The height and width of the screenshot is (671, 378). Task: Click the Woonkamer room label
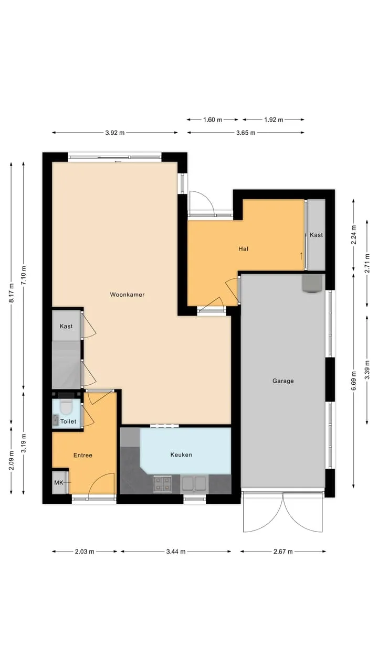point(127,295)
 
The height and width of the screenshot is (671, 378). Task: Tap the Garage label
point(283,381)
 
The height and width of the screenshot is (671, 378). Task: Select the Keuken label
point(181,454)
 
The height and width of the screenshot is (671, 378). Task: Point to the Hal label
point(243,248)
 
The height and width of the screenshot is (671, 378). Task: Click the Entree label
point(83,456)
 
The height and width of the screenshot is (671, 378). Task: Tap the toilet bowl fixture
point(66,406)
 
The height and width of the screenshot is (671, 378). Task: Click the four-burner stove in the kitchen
point(163,484)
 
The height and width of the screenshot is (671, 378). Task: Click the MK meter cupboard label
point(59,483)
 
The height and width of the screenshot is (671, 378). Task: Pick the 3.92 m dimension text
point(115,133)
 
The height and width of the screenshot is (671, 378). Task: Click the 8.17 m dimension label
point(11,293)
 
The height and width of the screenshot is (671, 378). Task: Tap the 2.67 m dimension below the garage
point(283,551)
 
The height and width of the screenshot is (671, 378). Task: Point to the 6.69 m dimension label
point(354,381)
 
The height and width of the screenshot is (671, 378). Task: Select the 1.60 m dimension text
point(213,120)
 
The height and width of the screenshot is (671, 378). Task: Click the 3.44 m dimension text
point(176,551)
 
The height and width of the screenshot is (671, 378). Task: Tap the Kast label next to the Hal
point(316,235)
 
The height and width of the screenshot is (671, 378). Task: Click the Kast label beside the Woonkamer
point(66,326)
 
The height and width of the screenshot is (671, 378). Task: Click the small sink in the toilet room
point(56,420)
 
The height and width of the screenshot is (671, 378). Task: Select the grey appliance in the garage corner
point(312,284)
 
